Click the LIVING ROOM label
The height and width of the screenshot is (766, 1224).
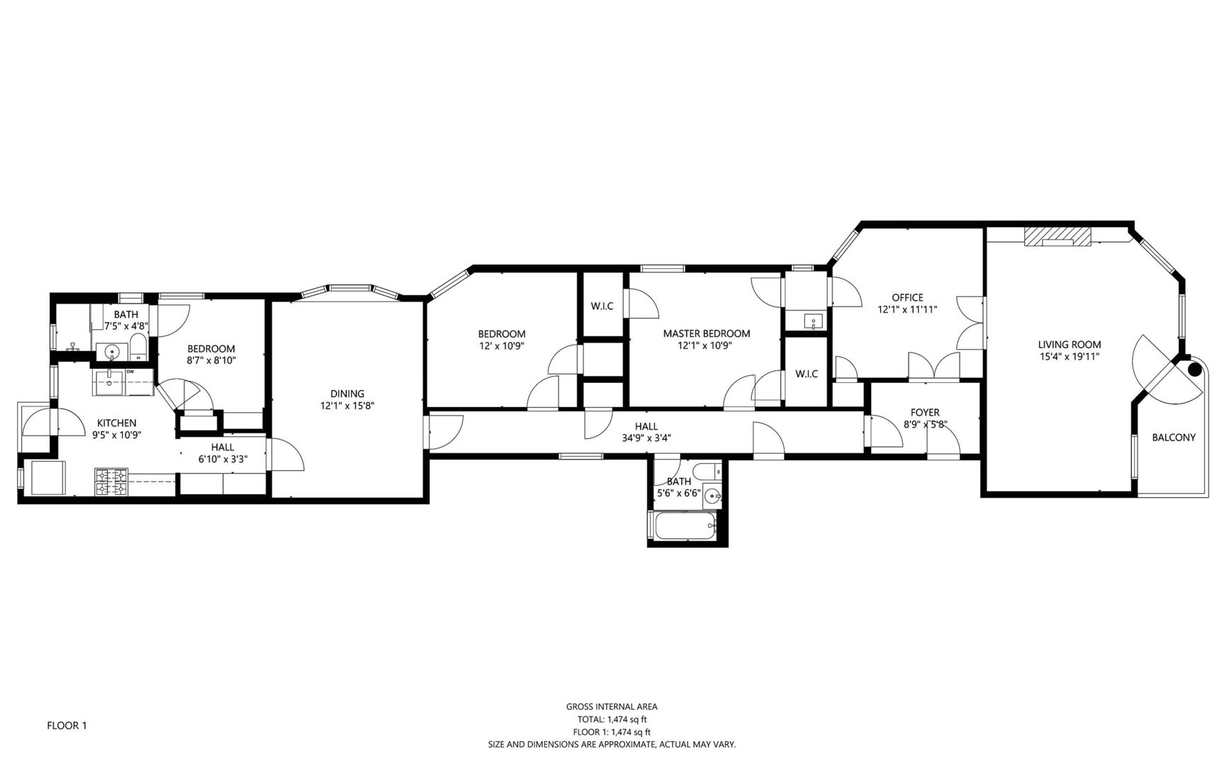pos(1069,345)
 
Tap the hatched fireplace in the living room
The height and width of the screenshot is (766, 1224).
pos(1057,236)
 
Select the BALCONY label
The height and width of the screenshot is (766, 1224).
pos(1173,438)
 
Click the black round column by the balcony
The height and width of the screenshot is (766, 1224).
pos(1194,369)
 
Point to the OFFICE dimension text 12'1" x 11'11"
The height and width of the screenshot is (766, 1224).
pos(907,310)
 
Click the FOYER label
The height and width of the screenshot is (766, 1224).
pos(925,412)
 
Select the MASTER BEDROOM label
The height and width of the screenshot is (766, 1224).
pos(706,333)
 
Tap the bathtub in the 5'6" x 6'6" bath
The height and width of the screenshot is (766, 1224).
pos(685,526)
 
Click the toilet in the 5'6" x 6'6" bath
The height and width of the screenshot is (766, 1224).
pos(705,472)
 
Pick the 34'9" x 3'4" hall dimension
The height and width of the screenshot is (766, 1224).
pos(646,438)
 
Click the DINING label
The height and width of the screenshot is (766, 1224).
pos(347,394)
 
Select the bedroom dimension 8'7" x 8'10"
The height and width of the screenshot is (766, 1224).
pos(210,360)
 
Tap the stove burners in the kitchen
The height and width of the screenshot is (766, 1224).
pos(111,482)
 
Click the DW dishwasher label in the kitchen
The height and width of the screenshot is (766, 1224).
pos(130,371)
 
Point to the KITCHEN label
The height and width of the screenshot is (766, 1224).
pos(116,423)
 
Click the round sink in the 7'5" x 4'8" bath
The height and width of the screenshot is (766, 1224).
pos(112,351)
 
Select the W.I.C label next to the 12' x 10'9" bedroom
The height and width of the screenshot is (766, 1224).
pos(602,306)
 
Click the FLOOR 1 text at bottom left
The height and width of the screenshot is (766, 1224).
pos(67,726)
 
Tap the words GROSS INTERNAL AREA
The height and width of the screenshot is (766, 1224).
pos(611,706)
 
